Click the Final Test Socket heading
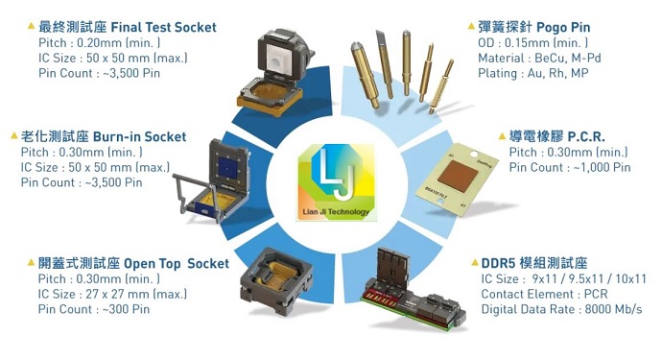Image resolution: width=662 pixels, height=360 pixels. click(128, 27)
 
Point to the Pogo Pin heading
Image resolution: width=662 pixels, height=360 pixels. click(534, 27)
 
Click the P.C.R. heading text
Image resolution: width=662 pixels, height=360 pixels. click(556, 136)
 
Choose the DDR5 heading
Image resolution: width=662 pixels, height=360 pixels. click(534, 263)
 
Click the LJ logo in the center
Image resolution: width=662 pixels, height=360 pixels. click(337, 182)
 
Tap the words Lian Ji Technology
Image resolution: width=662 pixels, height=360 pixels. click(336, 212)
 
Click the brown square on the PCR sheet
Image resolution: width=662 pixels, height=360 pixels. click(458, 176)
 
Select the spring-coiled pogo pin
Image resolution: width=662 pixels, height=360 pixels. click(441, 86)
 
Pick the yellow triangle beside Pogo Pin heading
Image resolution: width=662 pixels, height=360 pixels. click(471, 27)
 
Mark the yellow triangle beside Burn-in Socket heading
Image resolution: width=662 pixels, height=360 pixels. click(14, 136)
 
